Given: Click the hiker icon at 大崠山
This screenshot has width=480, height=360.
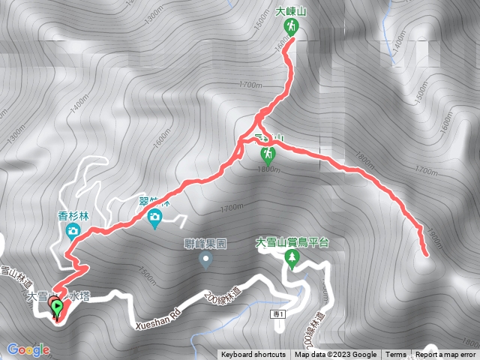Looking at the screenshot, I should coord(290,27).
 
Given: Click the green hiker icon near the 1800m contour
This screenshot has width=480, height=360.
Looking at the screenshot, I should coord(268,154).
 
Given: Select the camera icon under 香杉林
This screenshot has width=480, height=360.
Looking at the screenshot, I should coord(73,230).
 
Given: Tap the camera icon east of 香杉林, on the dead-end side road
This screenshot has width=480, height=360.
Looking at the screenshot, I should coord(154,218).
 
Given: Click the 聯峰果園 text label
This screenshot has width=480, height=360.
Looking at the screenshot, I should coord(204,243).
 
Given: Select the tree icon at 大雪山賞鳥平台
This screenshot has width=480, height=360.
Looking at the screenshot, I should coord(292,259).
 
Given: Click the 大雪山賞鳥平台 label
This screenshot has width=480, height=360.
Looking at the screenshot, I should coord(292,243).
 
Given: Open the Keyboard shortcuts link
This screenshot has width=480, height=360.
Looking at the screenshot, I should coord(253,355).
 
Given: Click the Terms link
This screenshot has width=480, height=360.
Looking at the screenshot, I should coord(396,355).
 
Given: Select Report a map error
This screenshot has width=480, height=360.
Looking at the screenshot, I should coord(445,355).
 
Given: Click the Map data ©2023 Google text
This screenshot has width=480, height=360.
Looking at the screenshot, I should coord(335,355).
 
